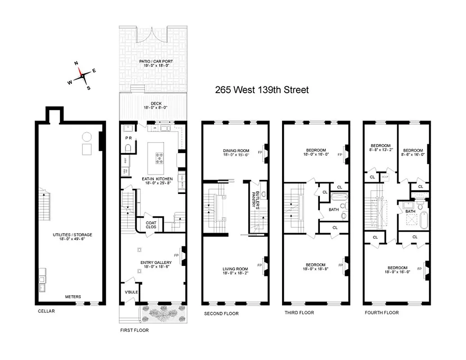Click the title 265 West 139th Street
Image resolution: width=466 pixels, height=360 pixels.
(x=262, y=90)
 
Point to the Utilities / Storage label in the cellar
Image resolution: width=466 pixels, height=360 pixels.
(x=72, y=237)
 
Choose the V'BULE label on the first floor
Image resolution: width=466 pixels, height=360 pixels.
(x=131, y=292)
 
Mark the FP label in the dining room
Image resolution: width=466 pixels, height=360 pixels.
(x=260, y=153)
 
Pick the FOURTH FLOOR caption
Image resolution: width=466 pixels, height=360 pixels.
(x=381, y=312)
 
